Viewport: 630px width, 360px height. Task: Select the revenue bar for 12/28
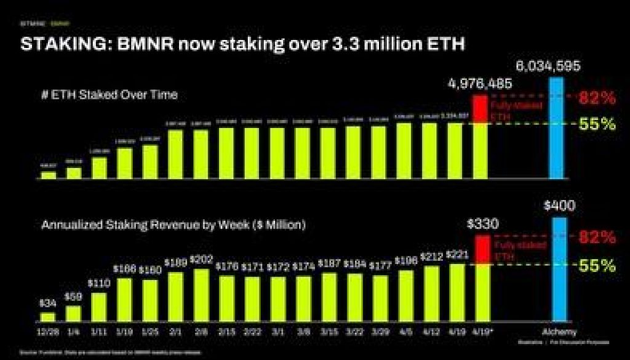tap(48, 317)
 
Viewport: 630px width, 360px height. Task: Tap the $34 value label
tap(48, 303)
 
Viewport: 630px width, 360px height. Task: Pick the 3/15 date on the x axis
tap(329, 332)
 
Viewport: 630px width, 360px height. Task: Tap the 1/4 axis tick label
tap(74, 332)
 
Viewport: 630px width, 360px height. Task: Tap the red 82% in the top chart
tap(597, 98)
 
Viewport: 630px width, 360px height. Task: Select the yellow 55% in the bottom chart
tap(597, 266)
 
